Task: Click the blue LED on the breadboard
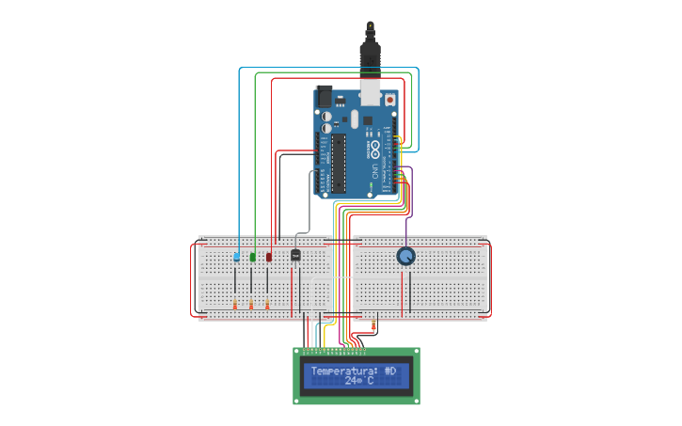(236, 256)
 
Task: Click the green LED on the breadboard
(252, 256)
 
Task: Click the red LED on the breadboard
(269, 256)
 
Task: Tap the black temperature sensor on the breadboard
(296, 254)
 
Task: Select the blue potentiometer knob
(404, 257)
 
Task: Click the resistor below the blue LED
(234, 304)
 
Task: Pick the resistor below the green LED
(251, 304)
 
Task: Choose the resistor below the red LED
(268, 304)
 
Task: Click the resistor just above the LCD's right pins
(374, 326)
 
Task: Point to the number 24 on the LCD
(352, 382)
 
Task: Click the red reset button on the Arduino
(390, 97)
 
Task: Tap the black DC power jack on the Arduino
(325, 97)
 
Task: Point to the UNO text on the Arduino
(373, 171)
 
